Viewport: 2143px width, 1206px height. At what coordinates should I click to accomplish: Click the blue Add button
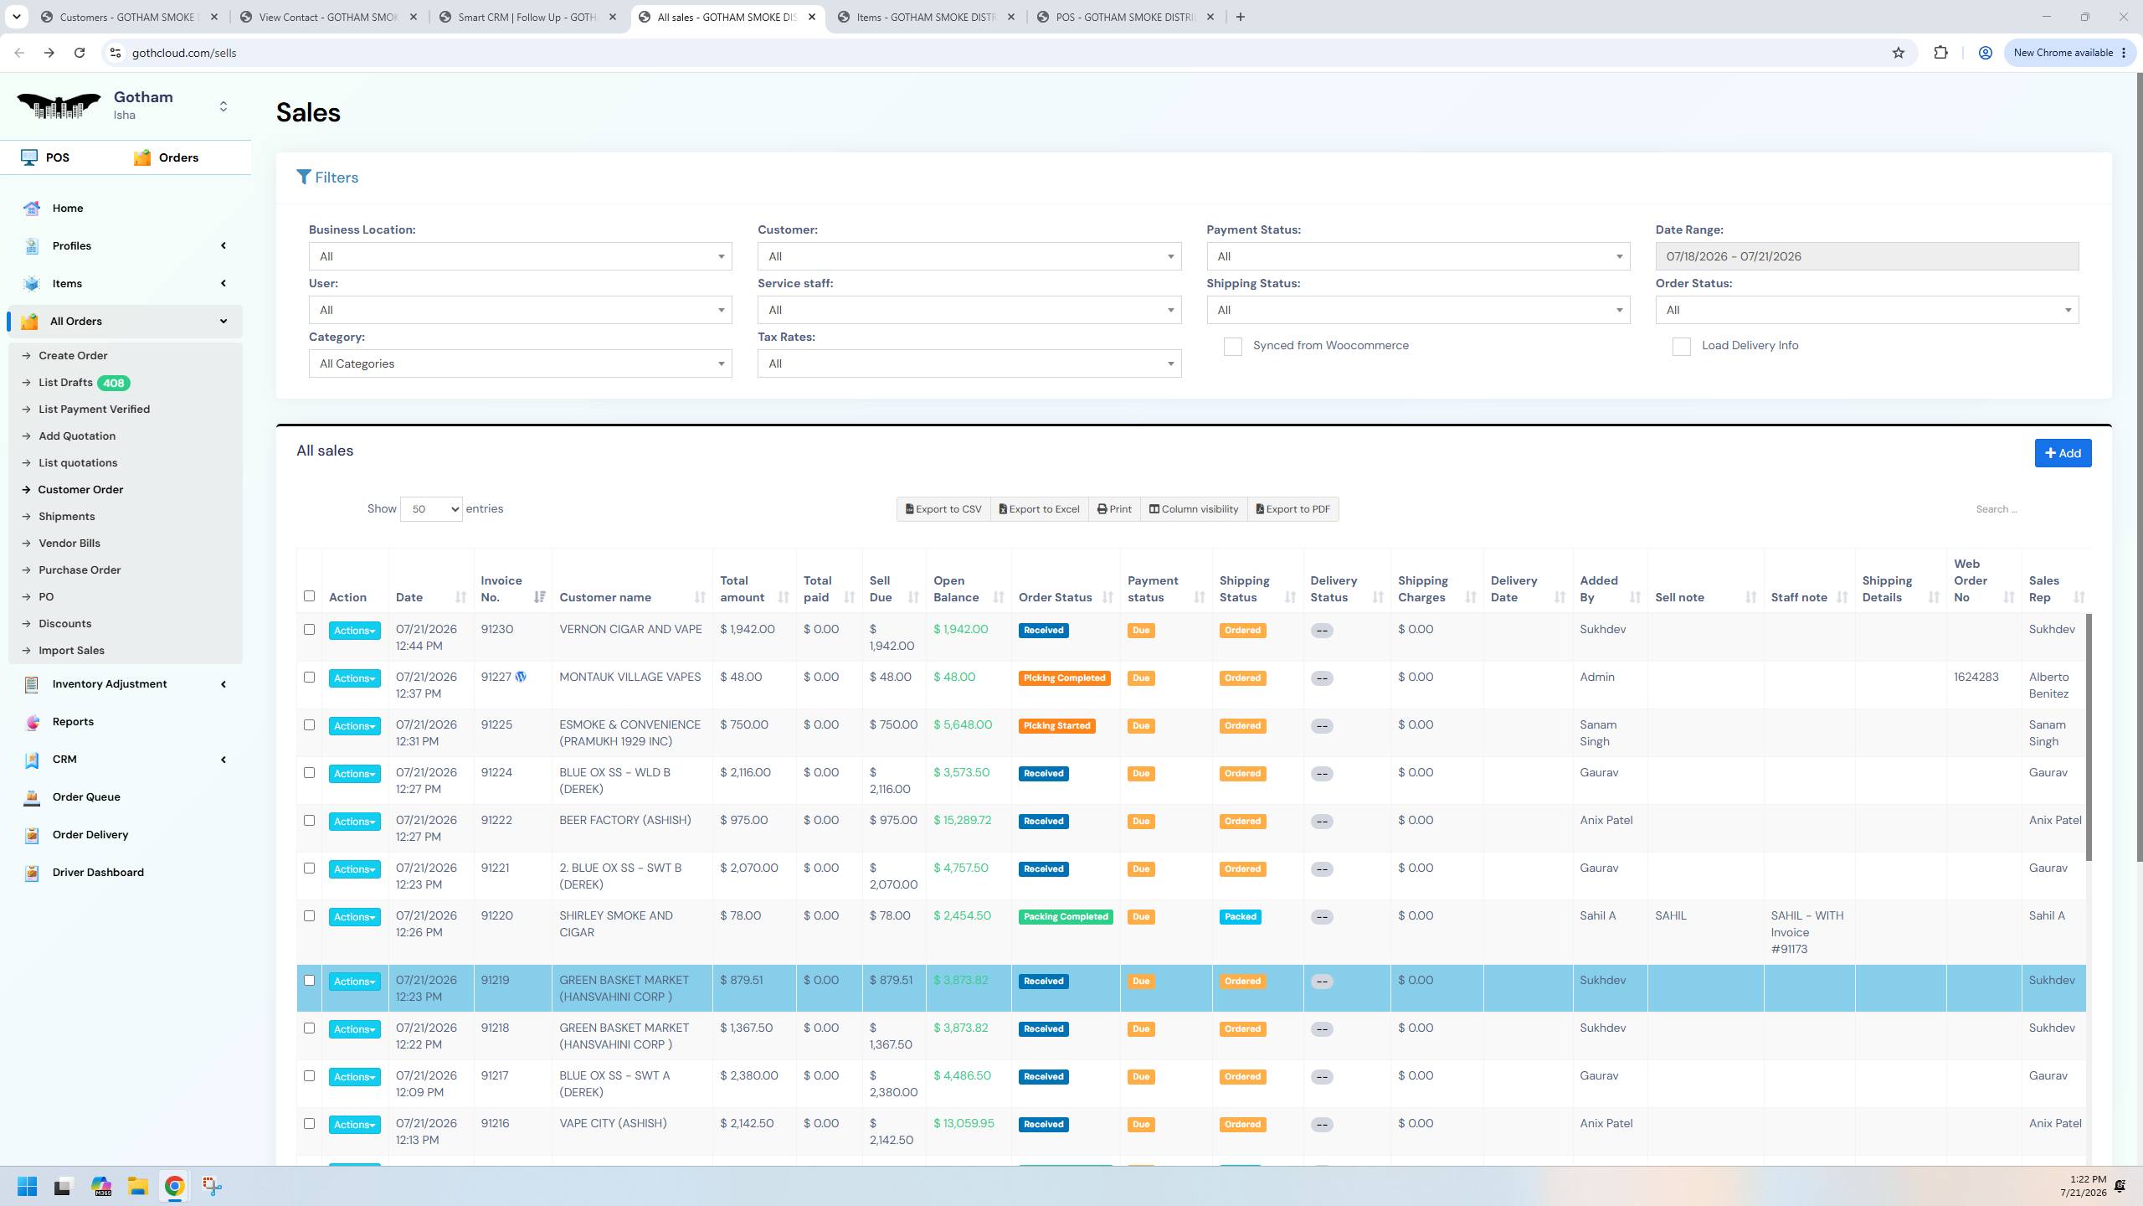(x=2063, y=453)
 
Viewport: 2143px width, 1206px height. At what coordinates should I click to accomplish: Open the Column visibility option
(x=1193, y=509)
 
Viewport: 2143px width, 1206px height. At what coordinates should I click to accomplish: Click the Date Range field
(x=1867, y=256)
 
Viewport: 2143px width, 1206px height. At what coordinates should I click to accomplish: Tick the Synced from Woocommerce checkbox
(x=1232, y=347)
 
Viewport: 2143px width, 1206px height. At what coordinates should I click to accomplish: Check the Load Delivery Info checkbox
(x=1681, y=347)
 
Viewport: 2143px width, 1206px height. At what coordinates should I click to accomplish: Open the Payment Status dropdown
(x=1418, y=256)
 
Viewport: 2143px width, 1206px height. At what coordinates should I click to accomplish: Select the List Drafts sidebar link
(x=65, y=383)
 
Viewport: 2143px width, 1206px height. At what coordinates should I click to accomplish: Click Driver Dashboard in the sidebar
(x=98, y=872)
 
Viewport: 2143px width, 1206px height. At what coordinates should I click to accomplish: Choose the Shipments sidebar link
(x=66, y=516)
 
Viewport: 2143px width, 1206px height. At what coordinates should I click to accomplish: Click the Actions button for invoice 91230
(x=354, y=631)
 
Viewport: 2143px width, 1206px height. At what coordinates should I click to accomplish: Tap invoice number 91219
(x=495, y=980)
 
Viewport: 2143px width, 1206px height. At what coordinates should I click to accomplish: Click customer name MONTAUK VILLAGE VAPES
(x=630, y=677)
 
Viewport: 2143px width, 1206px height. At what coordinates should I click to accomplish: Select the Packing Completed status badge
(x=1066, y=916)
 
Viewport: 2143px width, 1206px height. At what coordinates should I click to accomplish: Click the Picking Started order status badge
(x=1056, y=725)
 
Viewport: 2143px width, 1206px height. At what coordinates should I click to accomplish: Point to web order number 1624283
(x=1976, y=677)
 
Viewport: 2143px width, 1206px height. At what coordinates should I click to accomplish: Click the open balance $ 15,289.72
(x=962, y=820)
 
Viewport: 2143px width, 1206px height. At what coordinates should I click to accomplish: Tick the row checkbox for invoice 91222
(x=309, y=821)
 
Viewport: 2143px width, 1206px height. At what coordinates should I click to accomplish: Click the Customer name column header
(x=605, y=597)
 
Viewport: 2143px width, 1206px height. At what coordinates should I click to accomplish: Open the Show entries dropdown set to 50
(x=431, y=509)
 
